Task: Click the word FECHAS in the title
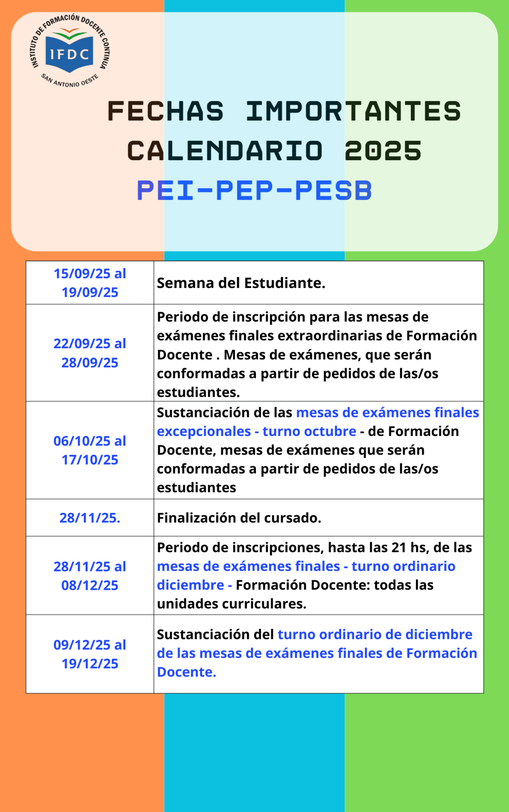click(165, 111)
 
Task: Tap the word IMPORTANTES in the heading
click(353, 111)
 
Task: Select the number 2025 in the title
click(383, 151)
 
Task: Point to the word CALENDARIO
click(225, 151)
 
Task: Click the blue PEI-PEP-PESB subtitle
click(254, 190)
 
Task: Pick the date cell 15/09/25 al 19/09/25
click(90, 282)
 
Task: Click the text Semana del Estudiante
click(241, 283)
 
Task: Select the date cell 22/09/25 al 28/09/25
click(90, 353)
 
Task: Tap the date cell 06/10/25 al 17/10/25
click(90, 450)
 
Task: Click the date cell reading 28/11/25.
click(90, 518)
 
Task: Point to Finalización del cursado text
click(239, 518)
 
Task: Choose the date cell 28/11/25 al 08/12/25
click(90, 576)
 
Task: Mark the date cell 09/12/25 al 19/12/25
click(90, 654)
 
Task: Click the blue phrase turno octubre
click(309, 431)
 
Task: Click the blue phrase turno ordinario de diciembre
click(375, 635)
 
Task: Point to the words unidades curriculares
click(231, 604)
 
